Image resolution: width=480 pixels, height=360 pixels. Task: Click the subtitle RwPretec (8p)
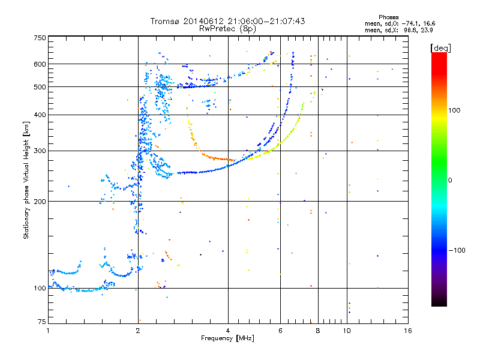(227, 29)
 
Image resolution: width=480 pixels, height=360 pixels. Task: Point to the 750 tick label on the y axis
(40, 38)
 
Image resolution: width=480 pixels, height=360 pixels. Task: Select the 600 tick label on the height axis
(40, 64)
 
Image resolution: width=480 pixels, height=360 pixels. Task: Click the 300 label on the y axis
(40, 151)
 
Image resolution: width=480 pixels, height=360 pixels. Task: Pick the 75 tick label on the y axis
(42, 322)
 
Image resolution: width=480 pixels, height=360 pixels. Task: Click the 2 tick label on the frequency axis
(138, 331)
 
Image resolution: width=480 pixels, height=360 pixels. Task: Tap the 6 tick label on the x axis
(280, 331)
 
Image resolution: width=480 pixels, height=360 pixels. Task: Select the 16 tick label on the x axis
(408, 331)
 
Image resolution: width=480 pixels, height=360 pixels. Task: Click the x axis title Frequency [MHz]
(227, 338)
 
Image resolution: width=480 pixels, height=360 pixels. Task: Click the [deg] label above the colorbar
(440, 49)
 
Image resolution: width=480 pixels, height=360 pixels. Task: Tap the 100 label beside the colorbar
(454, 110)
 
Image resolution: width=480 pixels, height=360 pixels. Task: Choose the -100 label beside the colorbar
(457, 250)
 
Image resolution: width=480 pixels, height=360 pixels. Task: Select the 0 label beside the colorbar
(450, 181)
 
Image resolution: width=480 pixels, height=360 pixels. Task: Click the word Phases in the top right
(388, 17)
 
